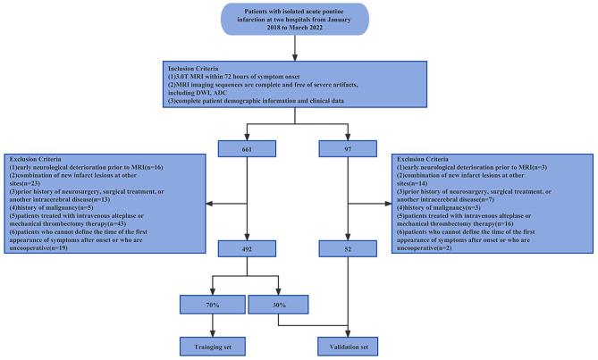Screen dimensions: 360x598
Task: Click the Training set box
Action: coord(211,339)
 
